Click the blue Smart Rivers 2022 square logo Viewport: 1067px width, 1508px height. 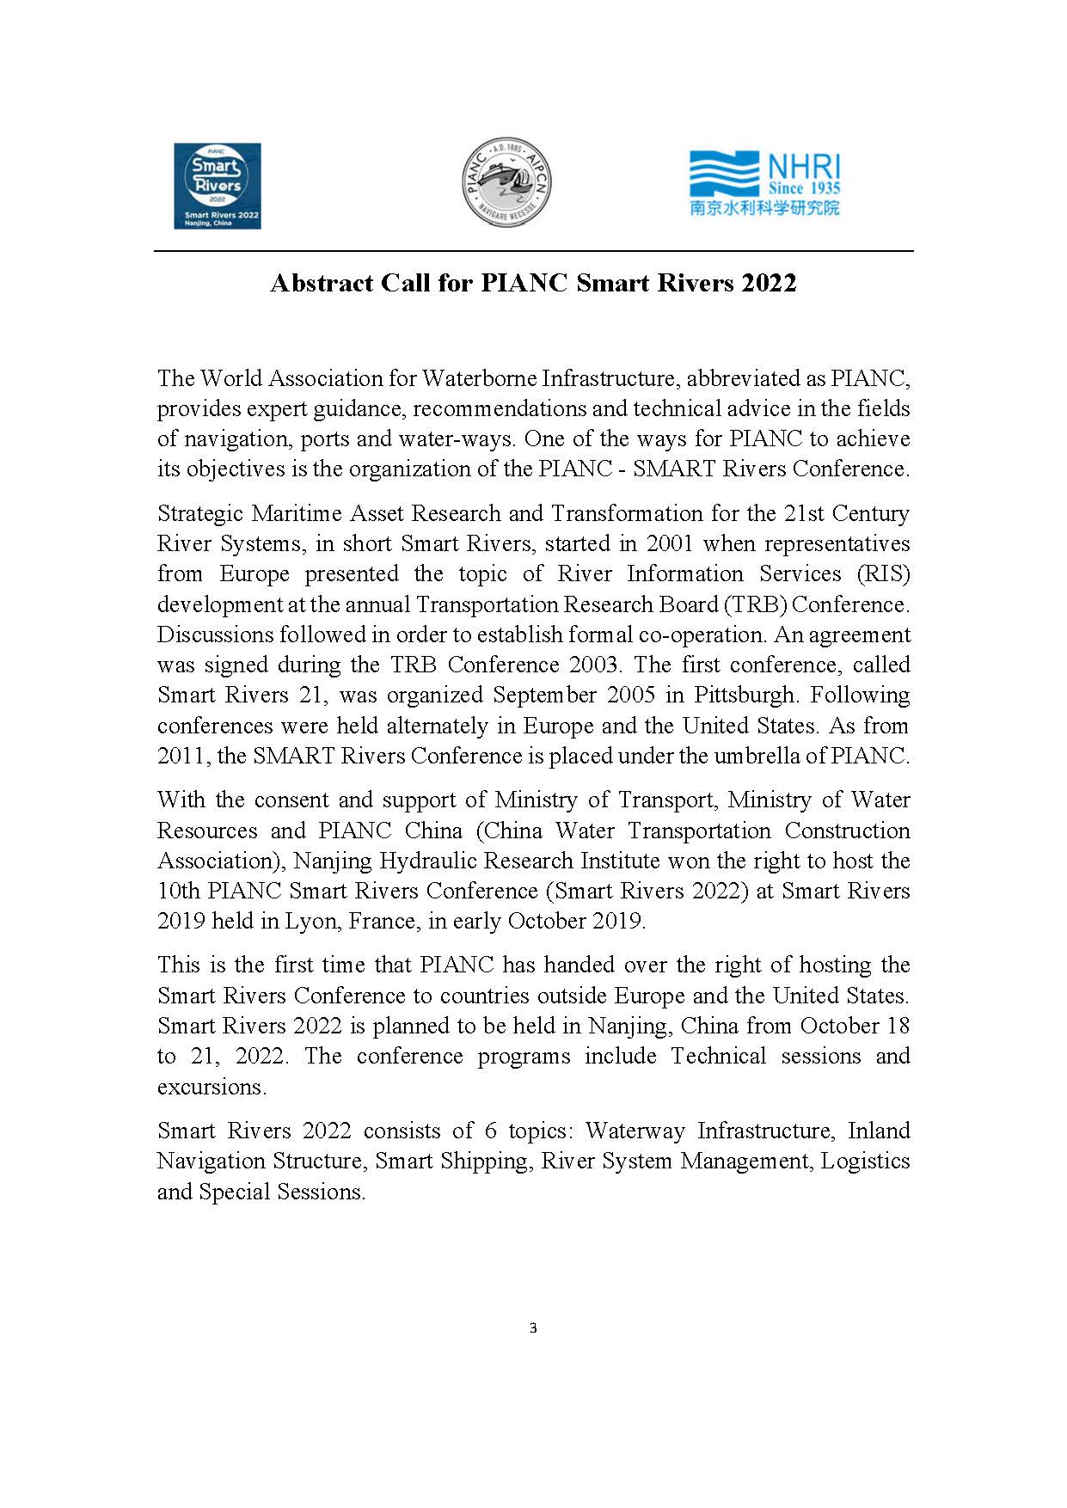click(217, 186)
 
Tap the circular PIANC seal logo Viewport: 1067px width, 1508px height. click(506, 181)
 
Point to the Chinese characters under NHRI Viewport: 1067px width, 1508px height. click(764, 207)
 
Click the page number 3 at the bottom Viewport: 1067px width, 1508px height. click(533, 1328)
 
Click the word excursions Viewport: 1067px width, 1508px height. click(210, 1087)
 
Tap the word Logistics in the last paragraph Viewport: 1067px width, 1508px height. click(865, 1161)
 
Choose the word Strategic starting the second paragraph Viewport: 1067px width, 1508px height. click(200, 513)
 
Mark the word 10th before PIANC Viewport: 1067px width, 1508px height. click(176, 891)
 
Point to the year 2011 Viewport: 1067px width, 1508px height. click(182, 756)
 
